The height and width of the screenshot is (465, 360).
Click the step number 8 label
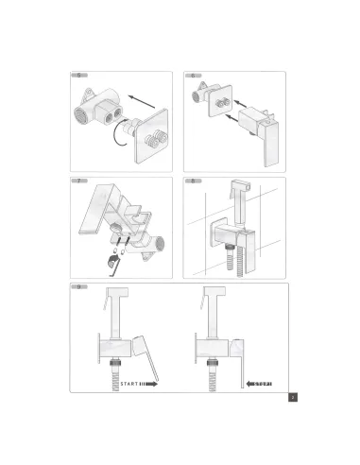tap(194, 180)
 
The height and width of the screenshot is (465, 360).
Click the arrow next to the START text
tap(150, 384)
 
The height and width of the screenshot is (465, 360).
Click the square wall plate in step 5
tap(153, 132)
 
